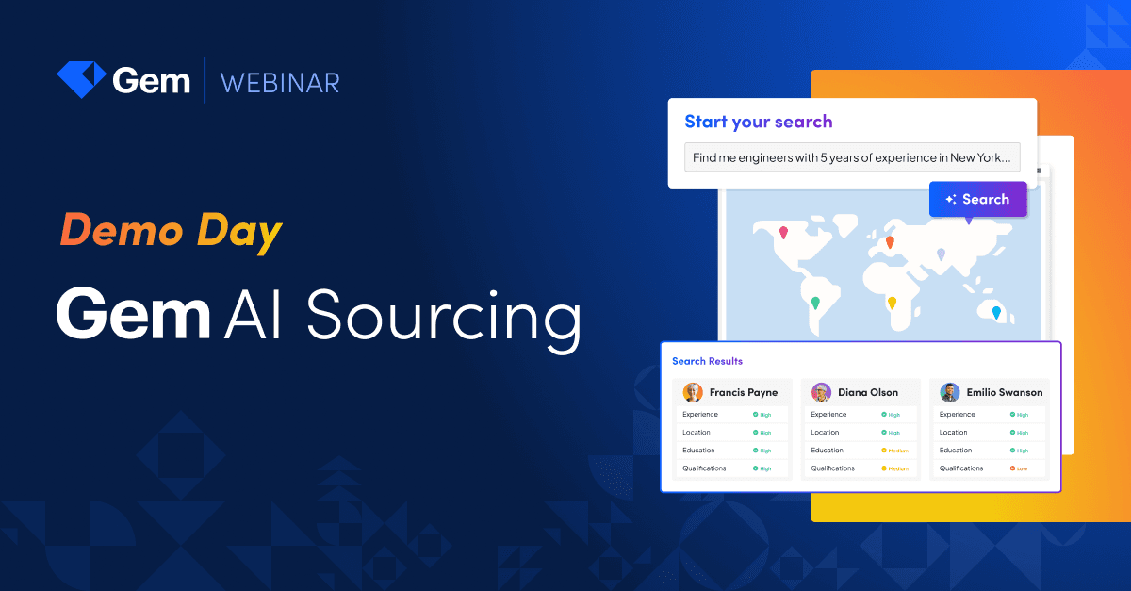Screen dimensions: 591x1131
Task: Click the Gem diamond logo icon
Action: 81,80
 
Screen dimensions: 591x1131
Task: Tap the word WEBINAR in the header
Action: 280,82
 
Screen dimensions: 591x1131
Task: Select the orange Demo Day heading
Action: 171,231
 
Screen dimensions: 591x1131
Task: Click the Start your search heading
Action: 758,122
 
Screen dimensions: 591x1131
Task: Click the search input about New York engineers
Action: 852,157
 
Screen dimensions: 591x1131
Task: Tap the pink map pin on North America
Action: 783,232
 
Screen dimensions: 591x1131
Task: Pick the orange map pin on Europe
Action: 890,241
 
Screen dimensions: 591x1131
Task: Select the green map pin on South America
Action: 815,303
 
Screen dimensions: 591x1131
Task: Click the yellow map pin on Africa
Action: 892,303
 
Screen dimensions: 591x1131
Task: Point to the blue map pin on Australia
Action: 996,311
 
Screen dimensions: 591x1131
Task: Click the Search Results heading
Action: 707,361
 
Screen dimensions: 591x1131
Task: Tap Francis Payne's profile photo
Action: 693,392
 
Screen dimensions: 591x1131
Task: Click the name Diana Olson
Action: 867,392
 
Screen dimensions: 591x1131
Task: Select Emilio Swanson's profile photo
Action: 950,392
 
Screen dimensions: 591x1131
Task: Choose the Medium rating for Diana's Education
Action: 894,451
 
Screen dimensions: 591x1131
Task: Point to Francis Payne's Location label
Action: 697,433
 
